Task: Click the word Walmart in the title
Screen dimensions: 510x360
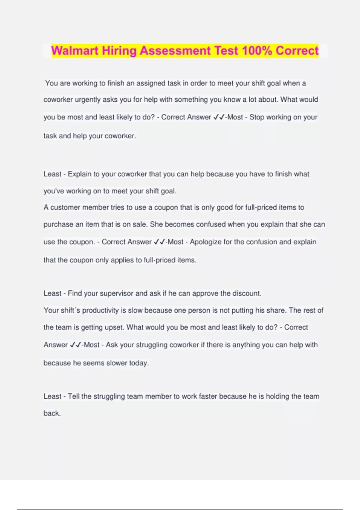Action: [75, 50]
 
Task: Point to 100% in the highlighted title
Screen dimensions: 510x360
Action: [257, 50]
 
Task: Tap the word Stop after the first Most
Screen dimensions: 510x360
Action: [257, 117]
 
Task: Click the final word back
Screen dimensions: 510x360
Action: [52, 413]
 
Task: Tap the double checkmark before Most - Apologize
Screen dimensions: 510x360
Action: [159, 242]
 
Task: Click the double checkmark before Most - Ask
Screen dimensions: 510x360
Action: [75, 345]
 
